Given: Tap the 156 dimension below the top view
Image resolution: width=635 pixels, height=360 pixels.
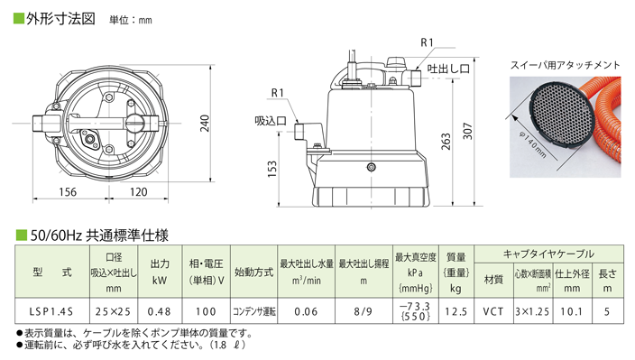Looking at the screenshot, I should click(x=67, y=191).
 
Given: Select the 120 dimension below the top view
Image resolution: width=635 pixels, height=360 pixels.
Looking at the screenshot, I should click(x=137, y=191).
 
